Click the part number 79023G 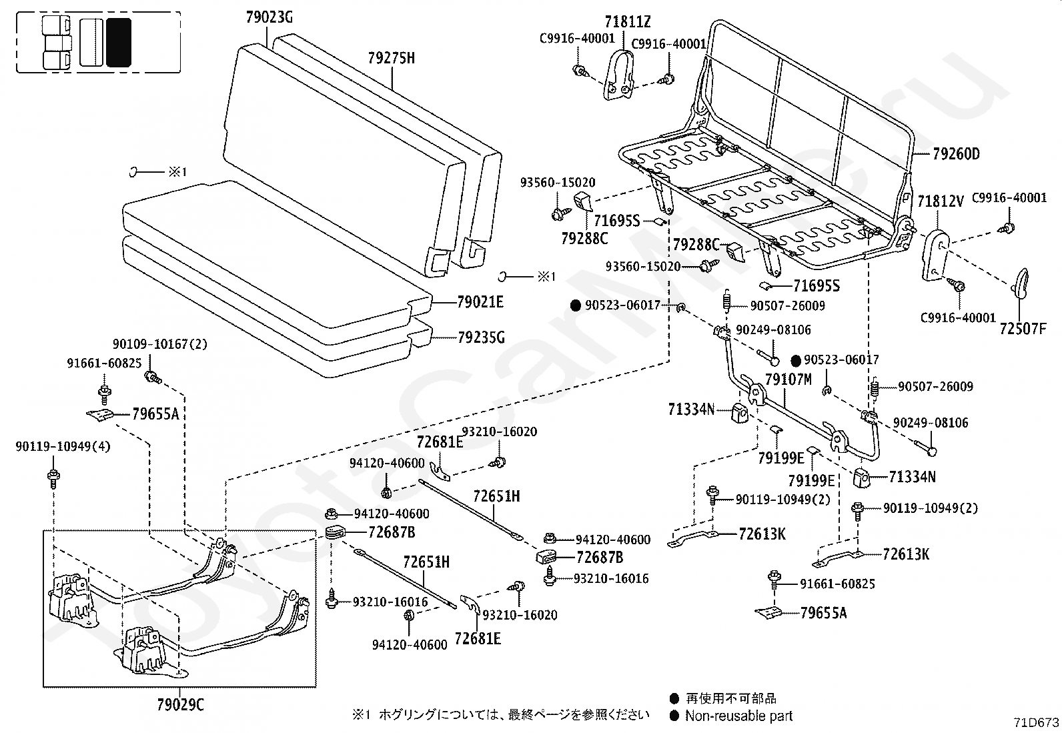point(270,17)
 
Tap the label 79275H point(391,58)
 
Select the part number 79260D point(956,154)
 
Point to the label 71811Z point(628,22)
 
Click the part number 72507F point(1023,329)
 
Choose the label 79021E point(480,302)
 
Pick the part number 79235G point(481,337)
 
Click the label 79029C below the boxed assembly point(180,705)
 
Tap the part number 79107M point(788,380)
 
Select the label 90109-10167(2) point(160,344)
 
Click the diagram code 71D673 point(1037,722)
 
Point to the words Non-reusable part point(738,716)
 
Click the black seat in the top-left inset point(119,42)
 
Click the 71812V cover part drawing point(935,255)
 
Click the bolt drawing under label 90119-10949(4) point(53,478)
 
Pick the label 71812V point(940,201)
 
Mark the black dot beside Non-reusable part point(674,716)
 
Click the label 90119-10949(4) point(63,447)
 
